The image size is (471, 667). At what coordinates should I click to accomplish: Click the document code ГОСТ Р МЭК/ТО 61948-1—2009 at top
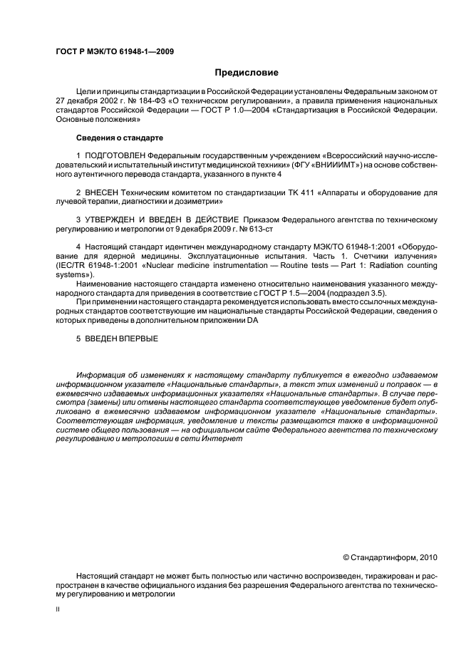[115, 51]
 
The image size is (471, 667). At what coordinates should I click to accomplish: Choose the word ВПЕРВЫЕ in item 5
[138, 338]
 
